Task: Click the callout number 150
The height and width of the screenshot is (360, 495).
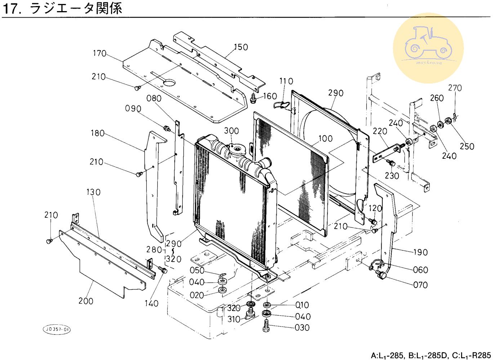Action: pyautogui.click(x=241, y=47)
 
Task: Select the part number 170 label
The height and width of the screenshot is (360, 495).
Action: pyautogui.click(x=99, y=54)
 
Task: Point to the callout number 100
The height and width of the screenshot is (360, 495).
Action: pyautogui.click(x=325, y=139)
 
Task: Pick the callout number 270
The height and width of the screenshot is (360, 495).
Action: pyautogui.click(x=455, y=88)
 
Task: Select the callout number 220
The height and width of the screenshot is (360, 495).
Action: pyautogui.click(x=380, y=131)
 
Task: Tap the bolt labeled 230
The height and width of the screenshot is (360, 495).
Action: pyautogui.click(x=391, y=164)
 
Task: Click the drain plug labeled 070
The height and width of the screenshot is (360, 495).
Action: pyautogui.click(x=380, y=276)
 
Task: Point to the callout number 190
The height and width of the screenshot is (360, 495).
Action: pyautogui.click(x=420, y=252)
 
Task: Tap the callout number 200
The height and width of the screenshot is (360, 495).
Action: pyautogui.click(x=86, y=301)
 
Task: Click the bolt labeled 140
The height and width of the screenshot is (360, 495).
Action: pyautogui.click(x=164, y=270)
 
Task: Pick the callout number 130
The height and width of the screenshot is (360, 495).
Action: pyautogui.click(x=93, y=192)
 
